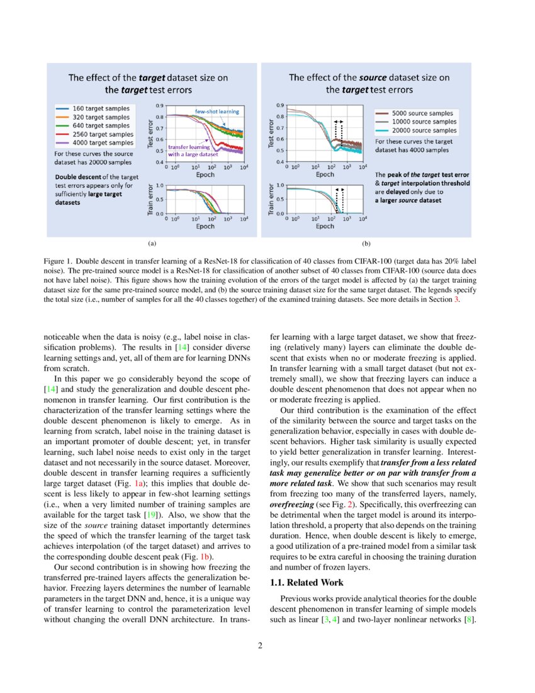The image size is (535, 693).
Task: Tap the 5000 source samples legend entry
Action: (x=415, y=113)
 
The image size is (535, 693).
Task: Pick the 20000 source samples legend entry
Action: (x=415, y=130)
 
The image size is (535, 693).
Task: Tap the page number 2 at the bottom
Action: (x=267, y=644)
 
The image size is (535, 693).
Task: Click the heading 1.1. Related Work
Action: (x=307, y=583)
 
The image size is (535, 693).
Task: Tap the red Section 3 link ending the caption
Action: (x=457, y=299)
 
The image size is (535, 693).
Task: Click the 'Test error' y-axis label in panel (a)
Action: (x=152, y=134)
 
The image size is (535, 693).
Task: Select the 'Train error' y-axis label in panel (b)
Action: (x=273, y=200)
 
